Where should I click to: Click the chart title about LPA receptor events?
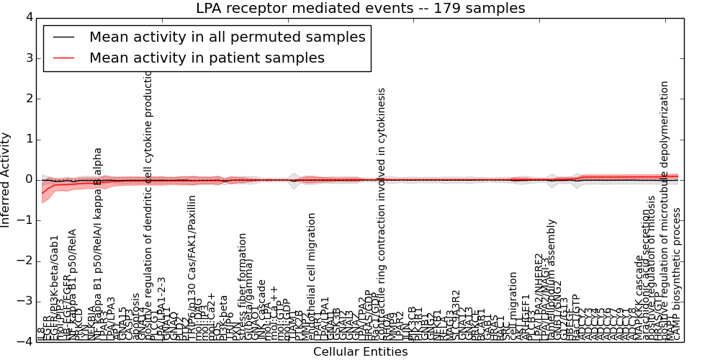360,9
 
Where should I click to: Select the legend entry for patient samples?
207,58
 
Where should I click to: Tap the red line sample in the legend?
63,58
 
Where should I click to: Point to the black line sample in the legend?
63,37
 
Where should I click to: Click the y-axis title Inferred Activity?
6,180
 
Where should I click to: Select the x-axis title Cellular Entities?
360,352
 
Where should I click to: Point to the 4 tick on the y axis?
28,17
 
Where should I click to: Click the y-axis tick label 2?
28,99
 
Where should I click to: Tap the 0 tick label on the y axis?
28,180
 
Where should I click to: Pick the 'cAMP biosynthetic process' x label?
676,274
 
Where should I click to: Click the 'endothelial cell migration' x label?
311,277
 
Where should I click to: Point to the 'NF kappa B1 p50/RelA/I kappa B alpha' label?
97,245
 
